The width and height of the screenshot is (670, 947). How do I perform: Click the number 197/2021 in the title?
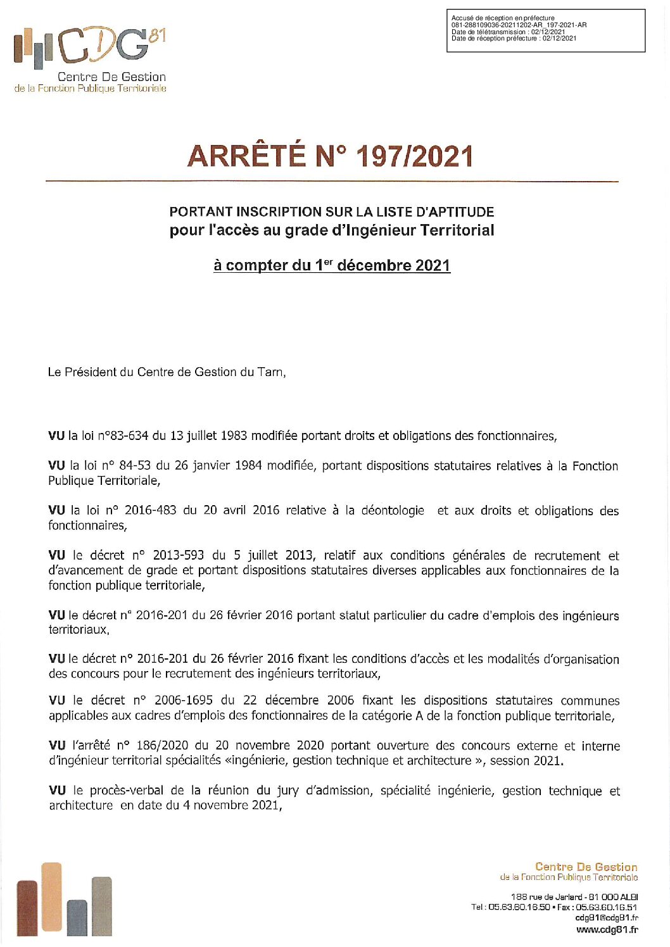tap(414, 157)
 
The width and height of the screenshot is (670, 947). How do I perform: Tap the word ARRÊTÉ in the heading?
tap(246, 157)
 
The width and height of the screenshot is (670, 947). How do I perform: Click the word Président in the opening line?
tap(95, 372)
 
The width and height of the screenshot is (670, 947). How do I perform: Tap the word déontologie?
tap(393, 510)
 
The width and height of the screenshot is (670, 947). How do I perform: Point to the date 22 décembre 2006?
tap(298, 700)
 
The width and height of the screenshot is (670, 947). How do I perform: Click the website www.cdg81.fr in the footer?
tap(607, 930)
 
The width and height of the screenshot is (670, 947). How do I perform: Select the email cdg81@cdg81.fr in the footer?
tap(606, 918)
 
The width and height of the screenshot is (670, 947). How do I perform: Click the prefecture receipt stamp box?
tap(545, 30)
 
